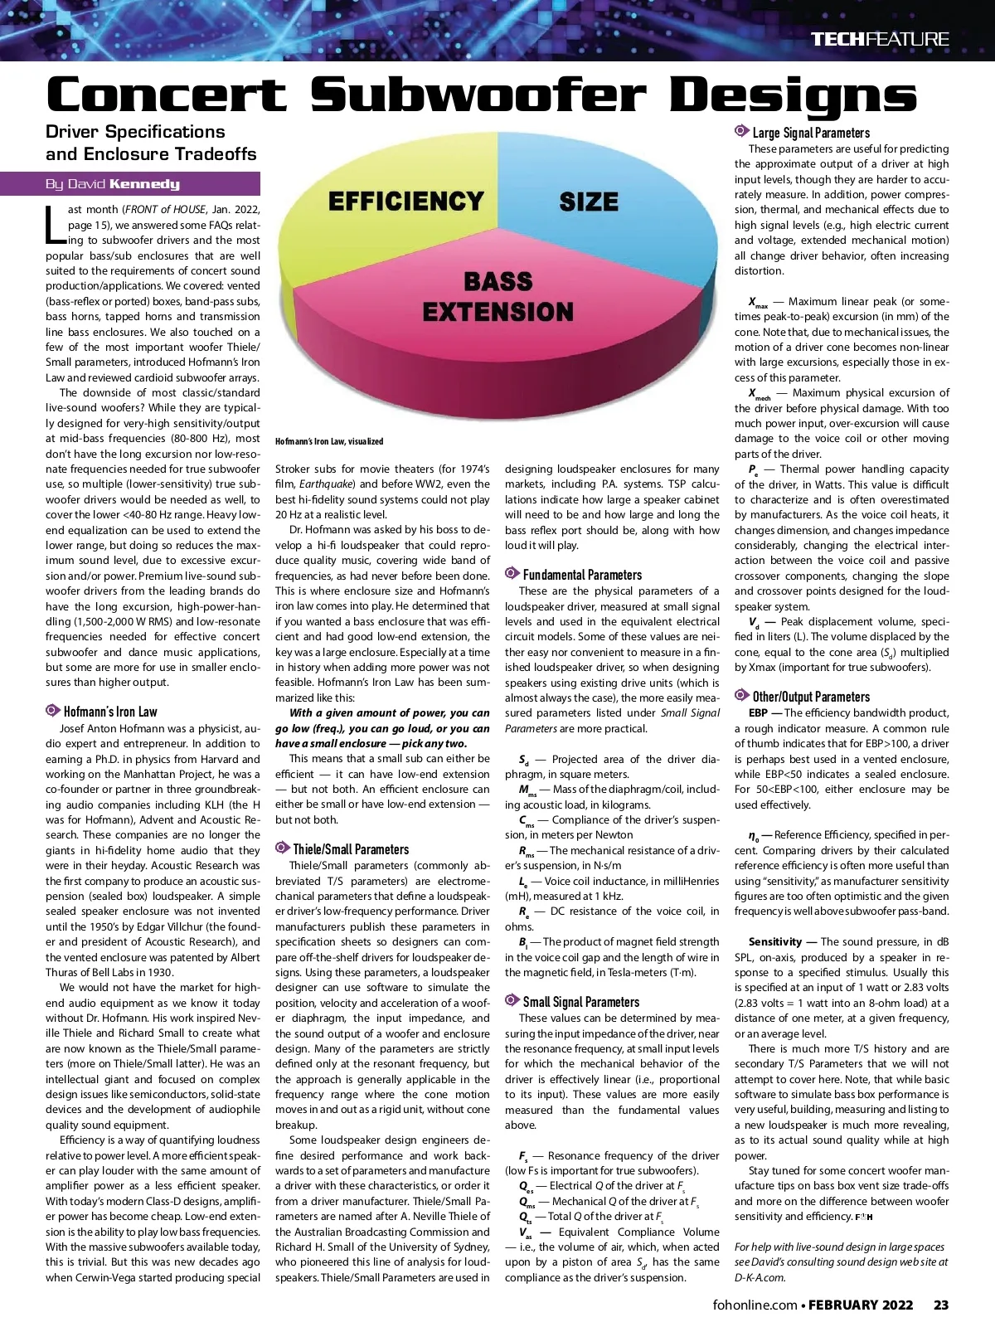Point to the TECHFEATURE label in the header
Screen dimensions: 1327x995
click(x=879, y=39)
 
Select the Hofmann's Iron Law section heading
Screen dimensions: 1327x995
click(x=109, y=712)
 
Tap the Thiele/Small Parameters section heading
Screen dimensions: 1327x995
click(x=350, y=849)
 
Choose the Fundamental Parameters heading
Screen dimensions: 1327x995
click(x=581, y=575)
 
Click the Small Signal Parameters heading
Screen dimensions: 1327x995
click(x=580, y=1002)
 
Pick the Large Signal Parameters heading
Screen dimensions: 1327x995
click(x=810, y=133)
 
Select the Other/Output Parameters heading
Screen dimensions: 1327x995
click(x=810, y=697)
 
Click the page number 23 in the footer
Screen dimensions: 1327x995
click(x=940, y=1305)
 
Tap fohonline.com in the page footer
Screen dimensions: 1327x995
click(x=755, y=1305)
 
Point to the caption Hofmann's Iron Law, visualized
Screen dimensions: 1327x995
click(x=329, y=441)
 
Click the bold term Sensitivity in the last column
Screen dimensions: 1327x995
click(x=774, y=941)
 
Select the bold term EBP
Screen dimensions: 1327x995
click(x=757, y=712)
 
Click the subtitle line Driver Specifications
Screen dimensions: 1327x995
click(x=135, y=132)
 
